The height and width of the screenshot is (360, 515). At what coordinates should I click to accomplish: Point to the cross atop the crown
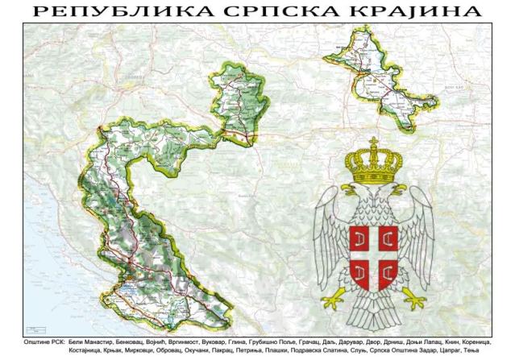tap(373, 143)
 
